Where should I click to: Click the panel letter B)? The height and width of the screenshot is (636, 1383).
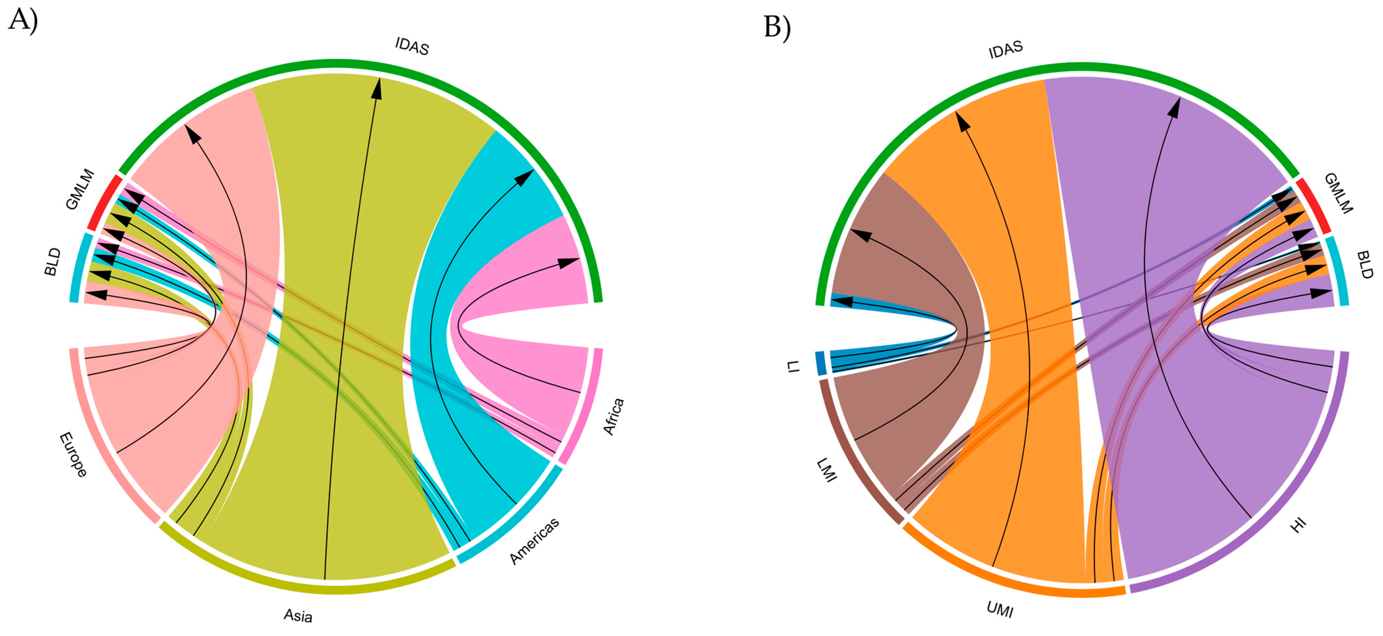pos(777,27)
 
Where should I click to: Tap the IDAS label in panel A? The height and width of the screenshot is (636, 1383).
pos(412,46)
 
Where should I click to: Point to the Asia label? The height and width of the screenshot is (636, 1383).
pos(298,615)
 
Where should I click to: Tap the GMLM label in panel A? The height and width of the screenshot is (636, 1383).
pos(80,189)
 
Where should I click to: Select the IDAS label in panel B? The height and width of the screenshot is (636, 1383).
pos(1005,49)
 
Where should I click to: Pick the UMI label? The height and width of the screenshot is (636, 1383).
pos(1000,610)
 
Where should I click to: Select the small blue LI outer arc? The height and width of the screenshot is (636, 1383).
pos(821,363)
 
